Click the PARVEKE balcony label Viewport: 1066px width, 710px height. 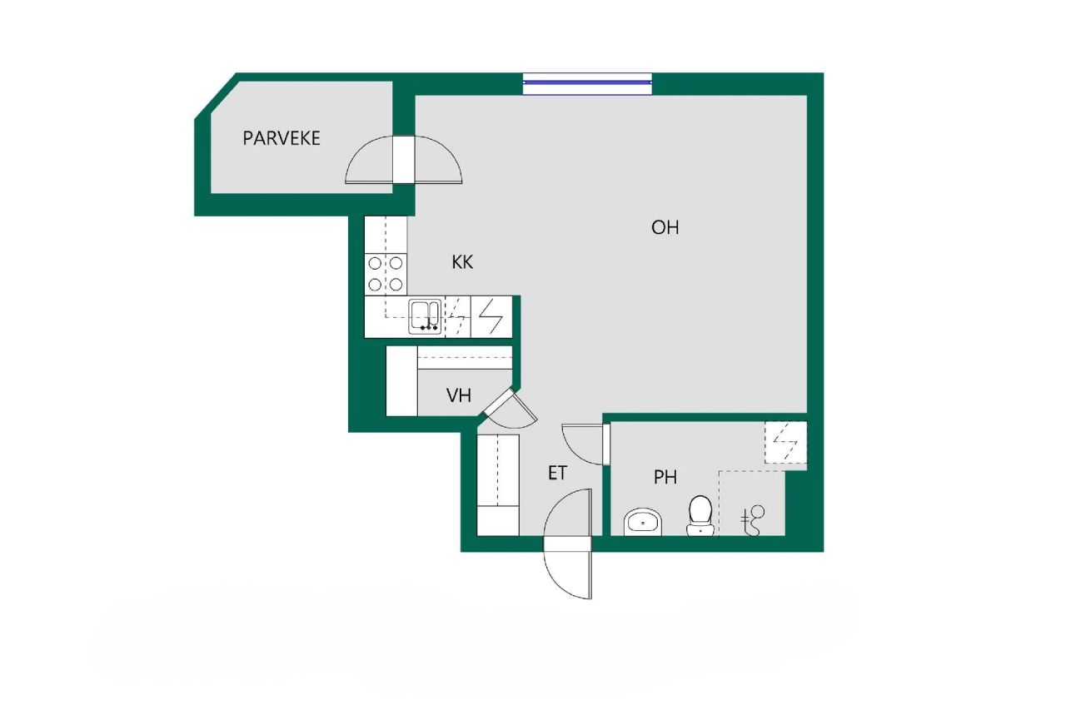[281, 138]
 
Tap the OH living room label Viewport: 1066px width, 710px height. [665, 227]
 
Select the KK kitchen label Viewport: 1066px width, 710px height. [462, 262]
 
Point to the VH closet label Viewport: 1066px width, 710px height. [458, 395]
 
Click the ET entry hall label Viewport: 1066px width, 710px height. [557, 474]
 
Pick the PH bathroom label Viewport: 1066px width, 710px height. [665, 478]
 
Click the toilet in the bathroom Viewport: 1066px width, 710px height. [700, 515]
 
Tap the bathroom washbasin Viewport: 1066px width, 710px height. [642, 523]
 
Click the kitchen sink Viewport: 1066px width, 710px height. [426, 316]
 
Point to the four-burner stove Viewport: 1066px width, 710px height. [386, 274]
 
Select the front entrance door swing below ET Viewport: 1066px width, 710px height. [568, 545]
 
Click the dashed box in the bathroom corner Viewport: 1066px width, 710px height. [786, 442]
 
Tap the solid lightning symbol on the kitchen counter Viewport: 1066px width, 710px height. [491, 316]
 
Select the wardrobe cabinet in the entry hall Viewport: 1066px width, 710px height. [498, 484]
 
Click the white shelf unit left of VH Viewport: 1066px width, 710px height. [401, 381]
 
